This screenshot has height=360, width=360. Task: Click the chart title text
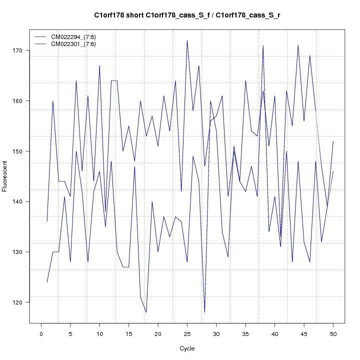click(187, 15)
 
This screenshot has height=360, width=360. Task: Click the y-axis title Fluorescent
click(5, 176)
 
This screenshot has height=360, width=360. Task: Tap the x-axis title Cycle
click(187, 348)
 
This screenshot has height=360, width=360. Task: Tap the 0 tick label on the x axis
click(41, 333)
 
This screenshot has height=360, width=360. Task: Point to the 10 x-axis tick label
click(99, 333)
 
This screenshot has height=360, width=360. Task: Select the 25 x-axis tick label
click(187, 333)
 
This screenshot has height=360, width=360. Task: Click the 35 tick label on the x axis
click(245, 333)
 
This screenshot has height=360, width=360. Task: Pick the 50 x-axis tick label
click(333, 333)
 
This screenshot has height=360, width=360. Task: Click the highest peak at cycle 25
click(187, 40)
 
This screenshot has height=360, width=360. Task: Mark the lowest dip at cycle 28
click(204, 312)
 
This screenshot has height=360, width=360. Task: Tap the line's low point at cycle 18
click(146, 312)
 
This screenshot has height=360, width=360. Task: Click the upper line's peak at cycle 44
click(298, 45)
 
